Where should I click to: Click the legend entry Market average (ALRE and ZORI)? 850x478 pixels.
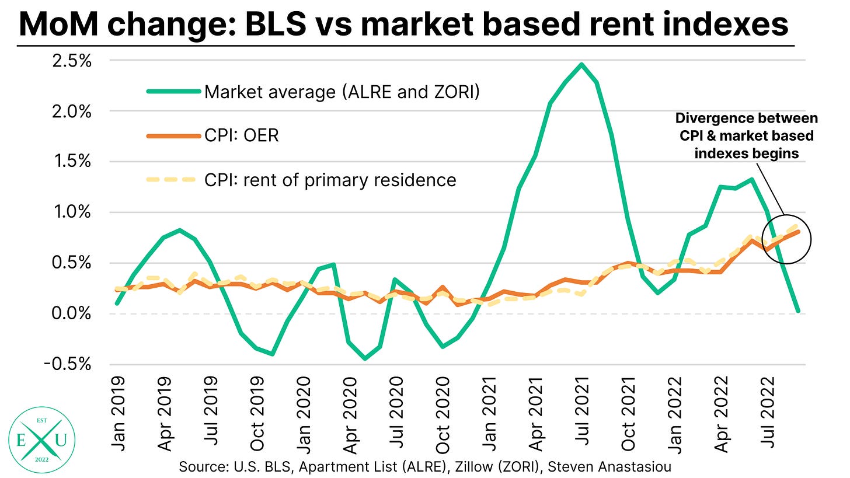(342, 92)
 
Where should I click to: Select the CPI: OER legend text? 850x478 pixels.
(242, 136)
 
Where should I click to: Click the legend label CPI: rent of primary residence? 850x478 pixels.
(330, 180)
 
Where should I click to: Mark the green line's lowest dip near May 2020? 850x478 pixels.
(365, 358)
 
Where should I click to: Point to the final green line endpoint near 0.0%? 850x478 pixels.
(797, 311)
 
